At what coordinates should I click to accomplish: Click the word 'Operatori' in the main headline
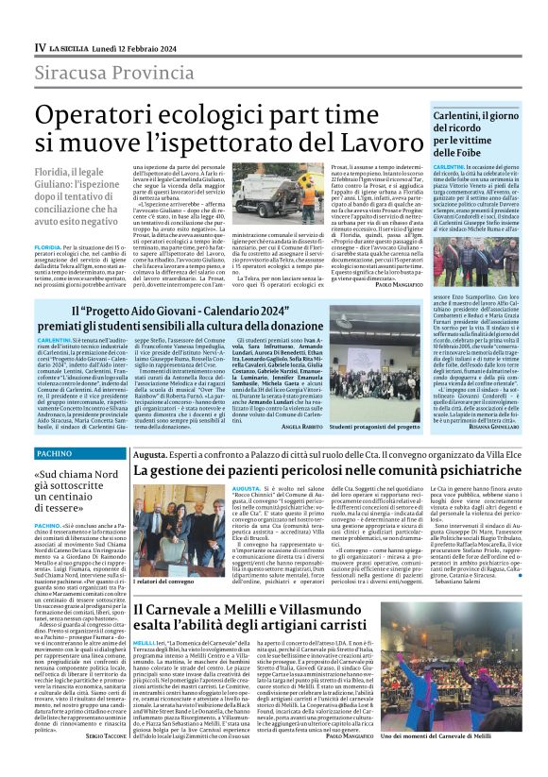pos(128,114)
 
